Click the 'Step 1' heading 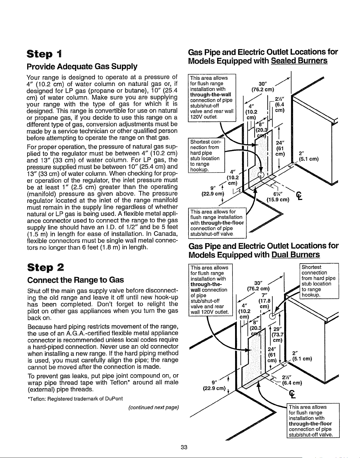tap(44, 54)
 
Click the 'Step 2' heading tap(45, 268)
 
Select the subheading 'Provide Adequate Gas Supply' tap(82, 66)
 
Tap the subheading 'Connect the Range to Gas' tap(75, 280)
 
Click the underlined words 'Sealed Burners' tap(299, 61)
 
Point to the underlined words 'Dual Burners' tap(296, 255)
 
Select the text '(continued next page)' tap(154, 407)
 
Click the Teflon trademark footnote tap(75, 399)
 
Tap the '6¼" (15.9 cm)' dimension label tap(278, 197)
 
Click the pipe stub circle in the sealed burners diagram tap(261, 175)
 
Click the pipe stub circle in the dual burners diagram tap(272, 316)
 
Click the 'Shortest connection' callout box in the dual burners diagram tap(319, 281)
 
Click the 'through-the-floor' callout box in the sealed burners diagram tap(217, 223)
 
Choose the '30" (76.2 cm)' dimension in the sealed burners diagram tap(263, 87)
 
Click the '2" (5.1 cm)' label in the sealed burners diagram tap(309, 156)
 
